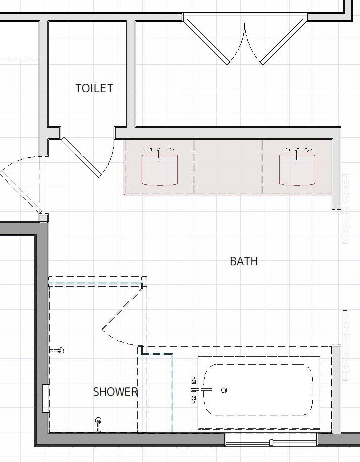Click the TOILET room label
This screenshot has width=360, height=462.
coord(94,88)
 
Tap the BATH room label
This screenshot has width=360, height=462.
coord(244,261)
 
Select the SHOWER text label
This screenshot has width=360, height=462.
coord(115,392)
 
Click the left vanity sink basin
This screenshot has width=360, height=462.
coord(160,170)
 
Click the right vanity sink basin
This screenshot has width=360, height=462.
coord(297,170)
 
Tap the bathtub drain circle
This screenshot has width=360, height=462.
coord(224,390)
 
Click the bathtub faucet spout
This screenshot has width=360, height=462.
coord(202,390)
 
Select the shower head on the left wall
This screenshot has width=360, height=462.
coord(57,350)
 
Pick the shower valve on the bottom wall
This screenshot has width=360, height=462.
coord(98,424)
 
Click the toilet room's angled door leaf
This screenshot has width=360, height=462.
coord(80,158)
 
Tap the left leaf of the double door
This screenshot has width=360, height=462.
coord(206,41)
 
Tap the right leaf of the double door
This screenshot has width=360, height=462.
coord(283,41)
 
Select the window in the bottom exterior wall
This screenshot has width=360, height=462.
coord(271,440)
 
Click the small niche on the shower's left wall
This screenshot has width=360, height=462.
coord(45,398)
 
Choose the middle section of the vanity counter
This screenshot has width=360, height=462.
coord(228,167)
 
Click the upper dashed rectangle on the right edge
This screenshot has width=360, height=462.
coord(345,208)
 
